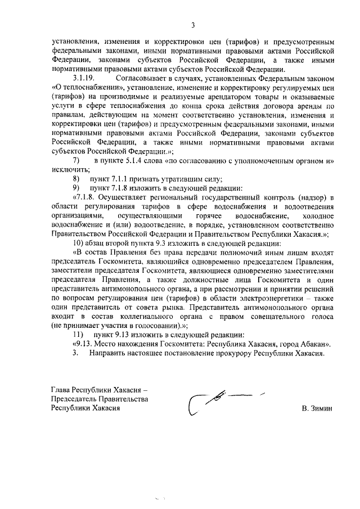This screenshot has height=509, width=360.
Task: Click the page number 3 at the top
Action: click(192, 25)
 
